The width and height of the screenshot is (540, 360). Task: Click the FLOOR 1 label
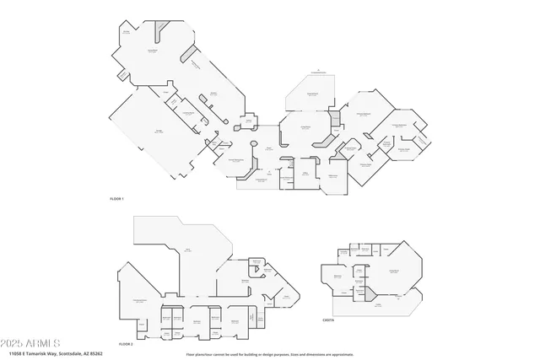tap(116, 199)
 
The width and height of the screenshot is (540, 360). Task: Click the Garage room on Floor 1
tap(159, 132)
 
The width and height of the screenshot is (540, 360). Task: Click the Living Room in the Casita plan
tap(392, 271)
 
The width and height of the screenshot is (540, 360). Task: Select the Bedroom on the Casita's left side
tap(337, 276)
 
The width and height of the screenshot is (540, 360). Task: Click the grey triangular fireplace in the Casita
tap(368, 292)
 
